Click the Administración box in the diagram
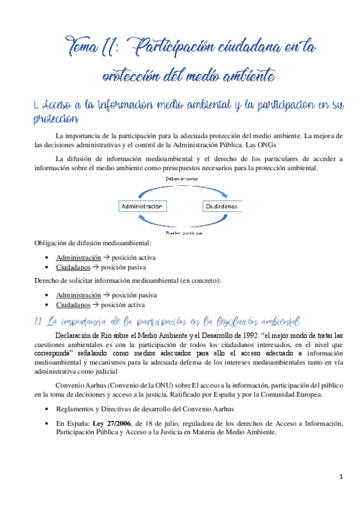(x=143, y=205)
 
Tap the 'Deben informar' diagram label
(x=182, y=179)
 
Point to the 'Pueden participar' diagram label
(x=182, y=232)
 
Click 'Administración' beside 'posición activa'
(x=78, y=257)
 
